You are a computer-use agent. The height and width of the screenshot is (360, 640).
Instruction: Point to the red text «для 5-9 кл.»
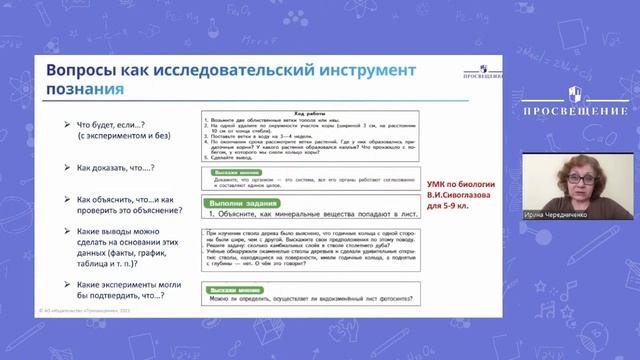coord(455,205)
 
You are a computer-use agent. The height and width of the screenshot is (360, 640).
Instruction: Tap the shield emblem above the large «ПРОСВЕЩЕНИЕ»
coord(575,94)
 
